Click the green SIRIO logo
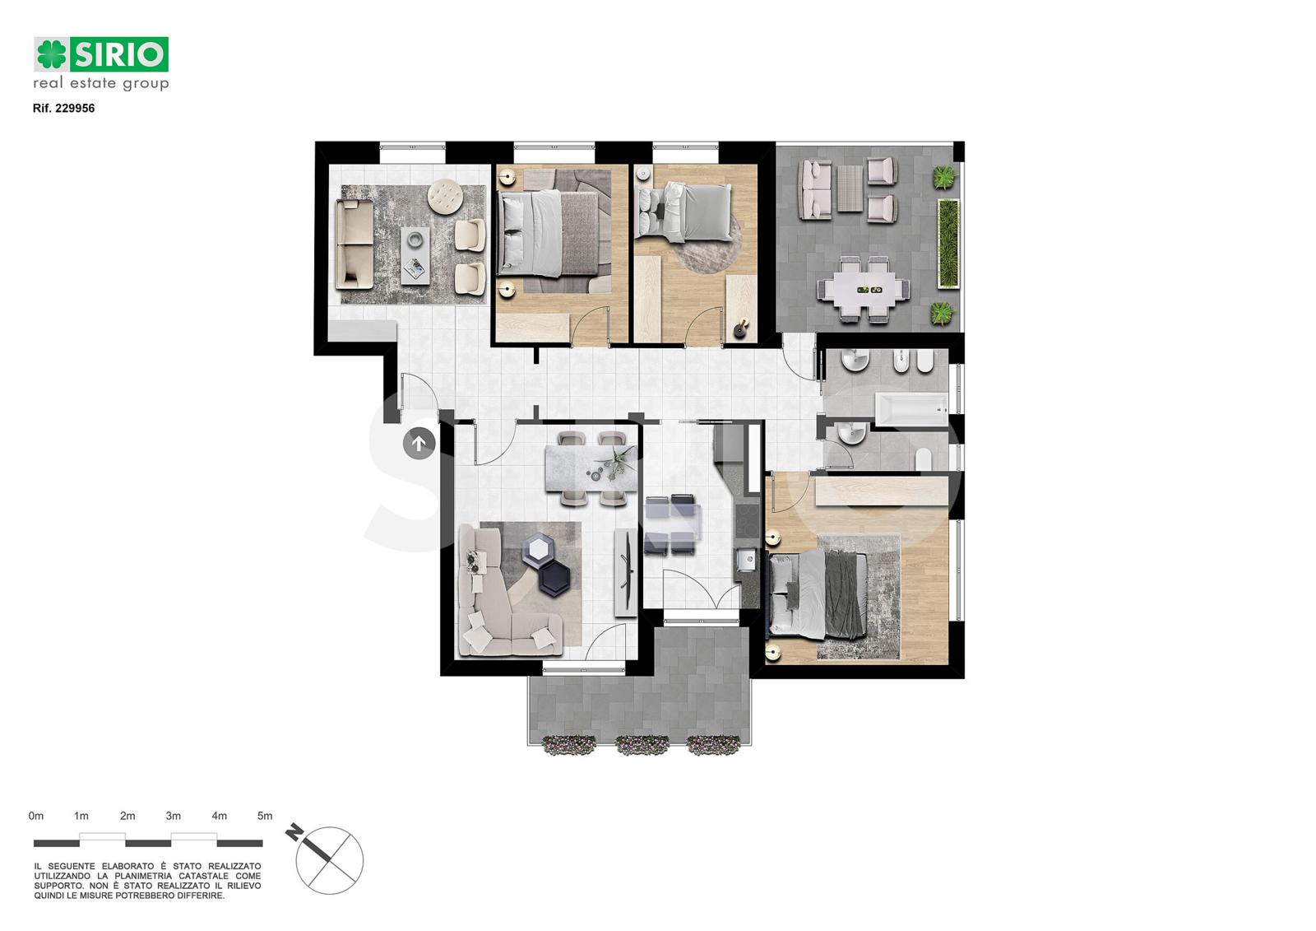(x=101, y=54)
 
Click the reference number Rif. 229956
(x=63, y=108)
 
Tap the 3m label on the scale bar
(x=173, y=816)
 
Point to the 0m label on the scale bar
(x=36, y=816)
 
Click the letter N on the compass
(x=294, y=833)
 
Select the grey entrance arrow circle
(x=419, y=444)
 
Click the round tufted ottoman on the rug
(x=447, y=196)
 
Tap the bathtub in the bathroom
(x=911, y=408)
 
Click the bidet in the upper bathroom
(x=901, y=362)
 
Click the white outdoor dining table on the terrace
(x=864, y=290)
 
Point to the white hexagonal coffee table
(x=539, y=548)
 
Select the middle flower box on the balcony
(x=642, y=745)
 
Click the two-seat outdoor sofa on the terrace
(x=814, y=189)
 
